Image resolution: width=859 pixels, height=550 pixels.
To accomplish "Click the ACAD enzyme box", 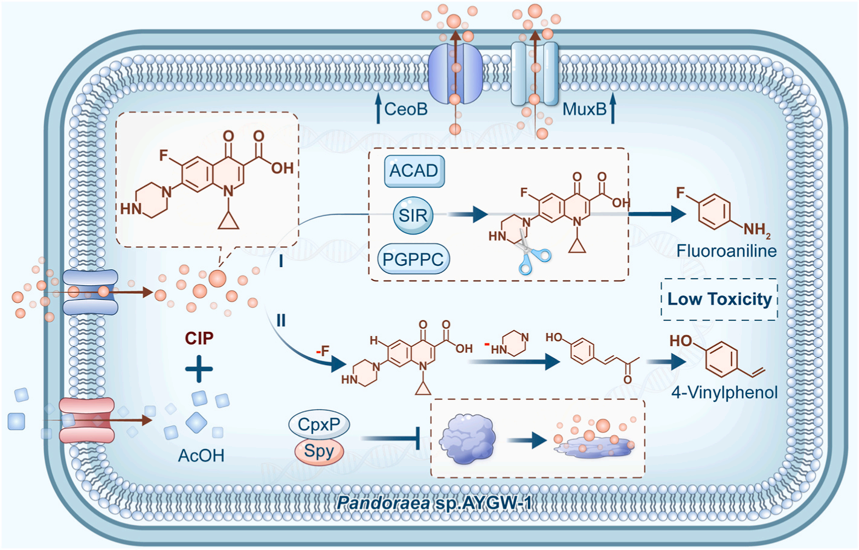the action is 414,171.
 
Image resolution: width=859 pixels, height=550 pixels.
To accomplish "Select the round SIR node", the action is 413,215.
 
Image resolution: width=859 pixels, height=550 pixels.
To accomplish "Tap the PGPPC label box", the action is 413,259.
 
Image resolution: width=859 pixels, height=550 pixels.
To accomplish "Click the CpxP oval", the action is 319,424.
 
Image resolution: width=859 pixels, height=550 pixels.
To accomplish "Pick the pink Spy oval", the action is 319,451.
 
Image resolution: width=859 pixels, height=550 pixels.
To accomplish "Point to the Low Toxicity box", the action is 719,299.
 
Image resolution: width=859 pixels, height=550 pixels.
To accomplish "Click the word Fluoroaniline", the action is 726,251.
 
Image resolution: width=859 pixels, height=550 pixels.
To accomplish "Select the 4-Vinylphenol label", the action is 724,392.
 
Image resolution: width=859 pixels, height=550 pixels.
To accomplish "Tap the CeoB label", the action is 406,109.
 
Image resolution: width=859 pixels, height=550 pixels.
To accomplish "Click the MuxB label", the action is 584,109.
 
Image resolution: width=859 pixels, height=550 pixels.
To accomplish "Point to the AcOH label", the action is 201,456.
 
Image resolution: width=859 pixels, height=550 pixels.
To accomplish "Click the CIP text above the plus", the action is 199,338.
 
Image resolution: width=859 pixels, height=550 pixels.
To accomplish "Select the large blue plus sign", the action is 199,369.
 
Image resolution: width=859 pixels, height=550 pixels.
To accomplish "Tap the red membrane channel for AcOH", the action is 86,420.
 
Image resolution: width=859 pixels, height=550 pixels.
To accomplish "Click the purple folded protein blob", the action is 467,439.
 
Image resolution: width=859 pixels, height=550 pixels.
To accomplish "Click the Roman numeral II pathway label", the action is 281,320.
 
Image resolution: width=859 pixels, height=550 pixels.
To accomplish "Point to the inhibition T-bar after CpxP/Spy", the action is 391,438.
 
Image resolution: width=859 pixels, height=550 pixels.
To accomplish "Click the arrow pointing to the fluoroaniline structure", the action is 657,214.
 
